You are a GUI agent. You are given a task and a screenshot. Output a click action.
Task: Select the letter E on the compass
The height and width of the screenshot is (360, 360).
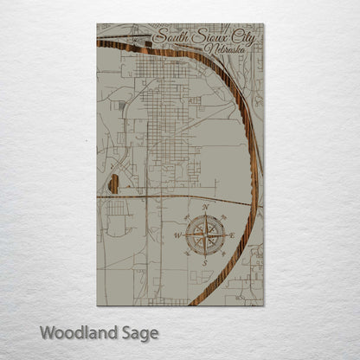click(x=233, y=234)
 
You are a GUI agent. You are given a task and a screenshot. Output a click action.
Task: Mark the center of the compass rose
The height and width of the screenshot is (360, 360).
click(x=206, y=235)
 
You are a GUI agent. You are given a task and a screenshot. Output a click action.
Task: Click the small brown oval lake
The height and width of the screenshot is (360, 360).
click(x=113, y=183)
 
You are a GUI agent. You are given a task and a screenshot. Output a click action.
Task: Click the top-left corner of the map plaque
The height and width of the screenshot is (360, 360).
click(x=97, y=24)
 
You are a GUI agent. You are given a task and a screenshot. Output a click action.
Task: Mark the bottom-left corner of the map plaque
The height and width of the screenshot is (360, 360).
click(x=97, y=305)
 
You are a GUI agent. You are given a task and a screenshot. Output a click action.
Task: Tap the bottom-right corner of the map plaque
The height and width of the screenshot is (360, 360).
click(x=264, y=305)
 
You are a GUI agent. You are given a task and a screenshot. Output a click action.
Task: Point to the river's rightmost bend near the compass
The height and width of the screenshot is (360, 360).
click(x=255, y=173)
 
